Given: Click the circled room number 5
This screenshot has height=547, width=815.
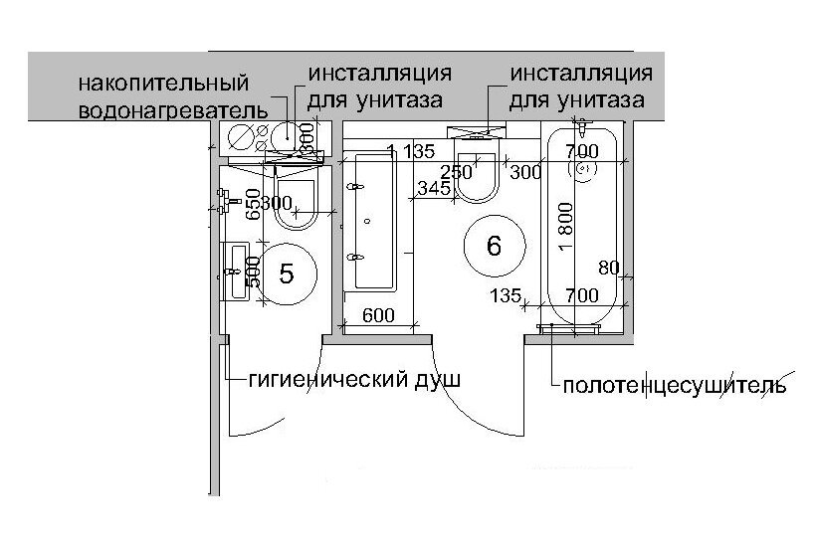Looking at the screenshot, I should (287, 273).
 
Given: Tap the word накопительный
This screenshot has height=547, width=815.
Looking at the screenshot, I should (164, 83).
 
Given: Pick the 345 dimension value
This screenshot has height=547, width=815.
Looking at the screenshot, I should (434, 188).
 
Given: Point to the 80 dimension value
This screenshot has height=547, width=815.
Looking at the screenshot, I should (609, 267).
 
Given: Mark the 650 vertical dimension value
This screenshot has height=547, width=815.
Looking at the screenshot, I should (254, 203).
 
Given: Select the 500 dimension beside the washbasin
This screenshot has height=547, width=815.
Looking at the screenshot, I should (254, 271).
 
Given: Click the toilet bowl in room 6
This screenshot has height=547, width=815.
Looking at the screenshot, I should (479, 177).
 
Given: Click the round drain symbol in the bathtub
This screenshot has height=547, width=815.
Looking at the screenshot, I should (581, 170).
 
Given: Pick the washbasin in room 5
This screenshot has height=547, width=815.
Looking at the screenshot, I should (239, 270).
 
